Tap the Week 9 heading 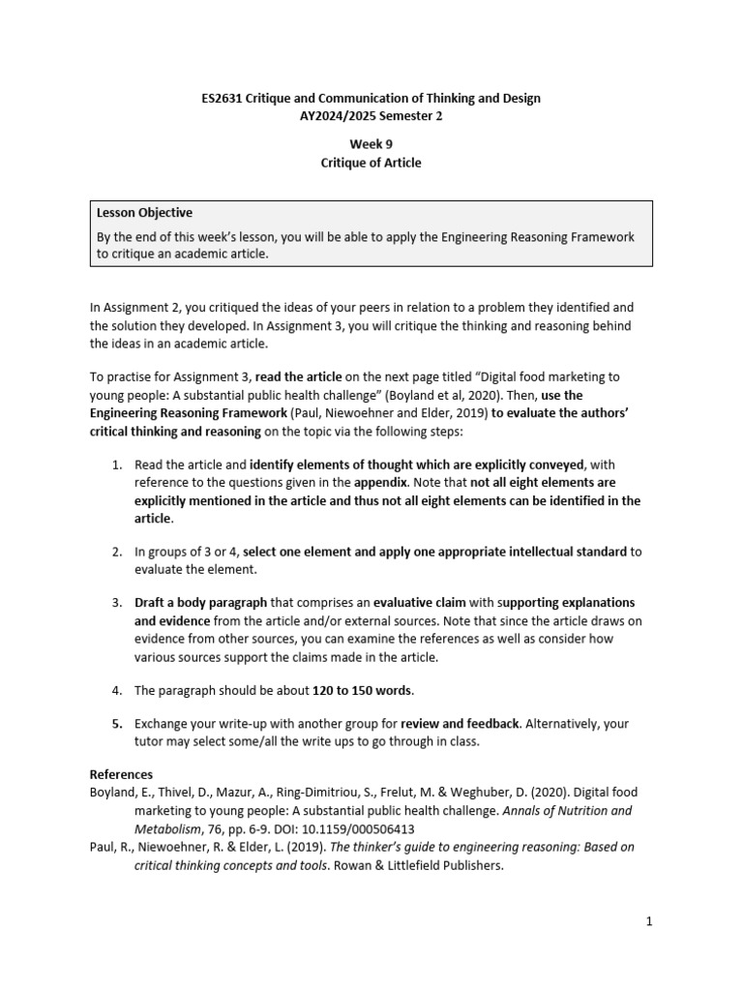(x=371, y=145)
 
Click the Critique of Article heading (x=371, y=163)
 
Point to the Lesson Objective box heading (x=145, y=213)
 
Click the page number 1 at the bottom (x=650, y=921)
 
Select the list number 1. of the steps (x=116, y=465)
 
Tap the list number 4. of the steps (x=116, y=690)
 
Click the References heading (x=121, y=774)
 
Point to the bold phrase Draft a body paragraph (x=192, y=602)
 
